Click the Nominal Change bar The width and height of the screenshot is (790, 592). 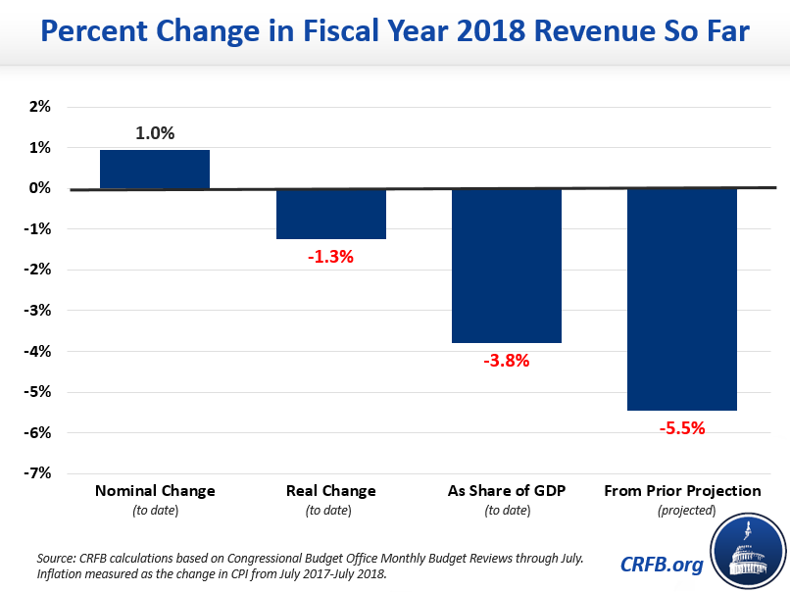(155, 169)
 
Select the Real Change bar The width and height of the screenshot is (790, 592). (330, 214)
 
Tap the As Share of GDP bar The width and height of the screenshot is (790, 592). (506, 266)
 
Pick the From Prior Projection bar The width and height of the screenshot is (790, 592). (681, 299)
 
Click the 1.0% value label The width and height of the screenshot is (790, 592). (155, 132)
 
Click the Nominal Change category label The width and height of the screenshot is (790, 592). (155, 490)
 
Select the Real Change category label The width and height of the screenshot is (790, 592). (330, 490)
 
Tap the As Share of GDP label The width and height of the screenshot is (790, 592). (506, 490)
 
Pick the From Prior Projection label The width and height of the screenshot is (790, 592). (681, 490)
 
